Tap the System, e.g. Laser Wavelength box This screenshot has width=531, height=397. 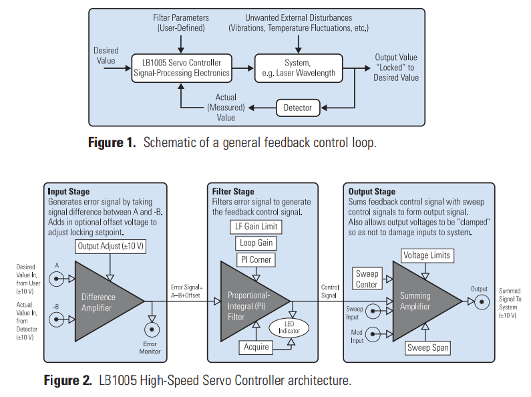pos(299,68)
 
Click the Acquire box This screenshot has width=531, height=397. pos(256,347)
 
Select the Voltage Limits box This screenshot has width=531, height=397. pos(427,255)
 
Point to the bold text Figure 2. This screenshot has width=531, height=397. pos(67,381)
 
